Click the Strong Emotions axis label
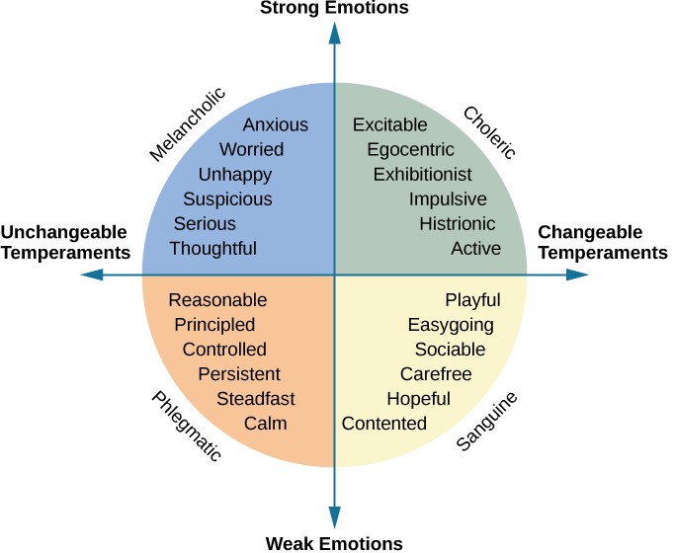334,9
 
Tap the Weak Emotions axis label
334,542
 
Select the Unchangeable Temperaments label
66,242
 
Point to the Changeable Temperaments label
602,243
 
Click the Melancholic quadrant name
188,124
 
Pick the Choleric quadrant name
489,132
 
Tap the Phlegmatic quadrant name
186,426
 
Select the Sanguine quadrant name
487,422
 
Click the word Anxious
276,125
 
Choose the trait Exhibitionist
423,175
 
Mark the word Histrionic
458,224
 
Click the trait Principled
214,325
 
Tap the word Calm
266,424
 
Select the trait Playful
472,300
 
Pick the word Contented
384,424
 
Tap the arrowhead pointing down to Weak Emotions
334,518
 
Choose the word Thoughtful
212,249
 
